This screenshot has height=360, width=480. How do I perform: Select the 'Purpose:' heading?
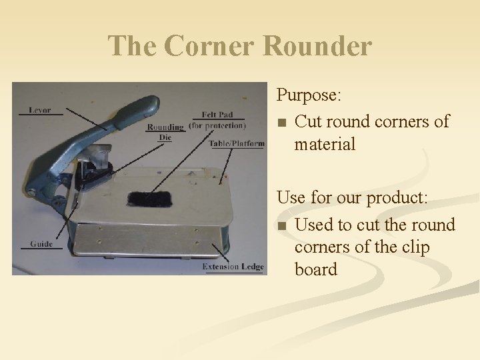[x=309, y=95]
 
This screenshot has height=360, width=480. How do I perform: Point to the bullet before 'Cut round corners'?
[x=282, y=123]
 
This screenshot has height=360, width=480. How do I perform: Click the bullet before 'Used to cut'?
[x=282, y=226]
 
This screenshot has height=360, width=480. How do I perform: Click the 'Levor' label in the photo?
[x=40, y=109]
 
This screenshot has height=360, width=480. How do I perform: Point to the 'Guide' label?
[x=41, y=244]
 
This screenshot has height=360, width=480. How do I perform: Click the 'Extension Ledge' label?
[x=233, y=267]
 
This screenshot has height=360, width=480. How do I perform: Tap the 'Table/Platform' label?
[x=236, y=143]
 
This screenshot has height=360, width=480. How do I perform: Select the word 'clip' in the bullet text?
[x=416, y=247]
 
